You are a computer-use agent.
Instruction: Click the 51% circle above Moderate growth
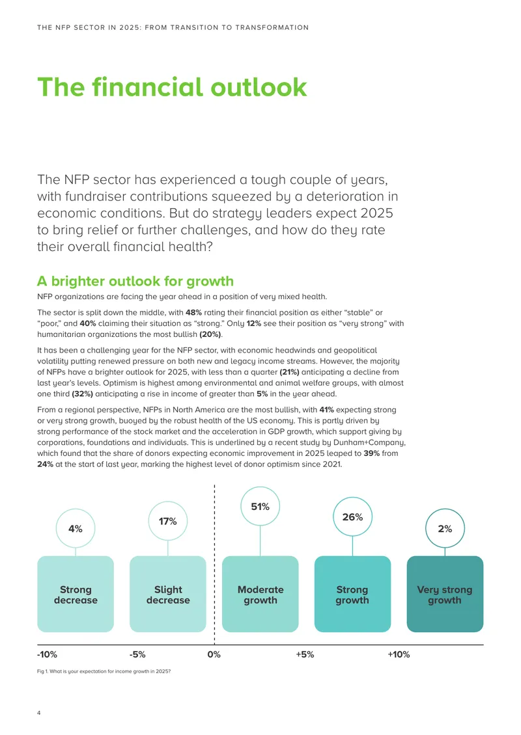click(x=260, y=506)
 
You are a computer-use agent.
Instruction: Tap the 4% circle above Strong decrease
click(x=76, y=528)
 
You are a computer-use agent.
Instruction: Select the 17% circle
click(x=168, y=521)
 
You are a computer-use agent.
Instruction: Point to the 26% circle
click(x=352, y=516)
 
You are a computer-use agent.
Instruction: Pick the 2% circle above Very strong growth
click(x=445, y=528)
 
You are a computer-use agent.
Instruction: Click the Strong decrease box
click(x=76, y=594)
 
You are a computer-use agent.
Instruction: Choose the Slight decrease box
click(x=168, y=594)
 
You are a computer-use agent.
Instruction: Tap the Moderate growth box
click(x=260, y=594)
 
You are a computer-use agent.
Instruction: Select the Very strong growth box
click(x=445, y=594)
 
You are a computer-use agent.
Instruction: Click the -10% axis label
click(x=47, y=654)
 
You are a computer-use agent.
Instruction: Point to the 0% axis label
click(x=214, y=654)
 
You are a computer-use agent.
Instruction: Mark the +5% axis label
click(x=305, y=654)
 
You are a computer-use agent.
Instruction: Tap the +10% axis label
click(x=399, y=654)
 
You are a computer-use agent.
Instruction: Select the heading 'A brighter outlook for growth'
click(x=135, y=281)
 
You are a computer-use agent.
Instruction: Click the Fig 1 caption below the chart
click(x=104, y=671)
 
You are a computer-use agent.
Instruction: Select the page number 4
click(x=39, y=713)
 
